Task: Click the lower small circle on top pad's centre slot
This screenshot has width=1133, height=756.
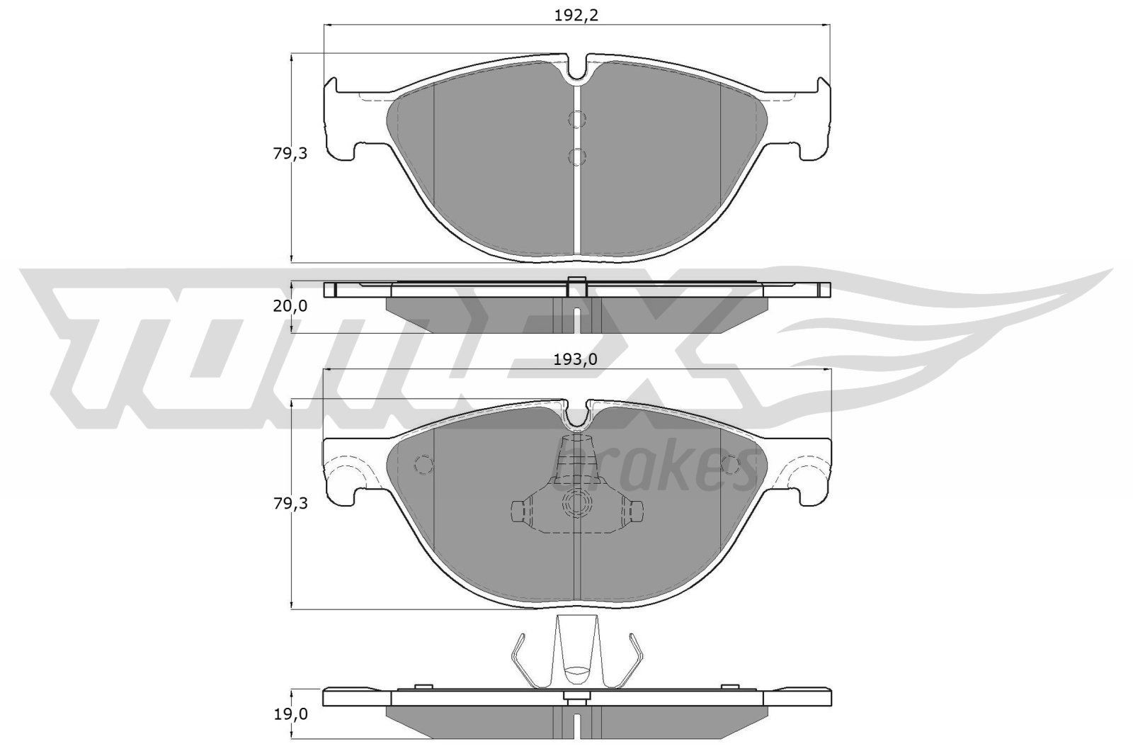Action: pyautogui.click(x=579, y=156)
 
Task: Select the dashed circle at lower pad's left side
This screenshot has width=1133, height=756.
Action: pyautogui.click(x=423, y=464)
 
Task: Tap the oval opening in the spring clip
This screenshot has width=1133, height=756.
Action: pyautogui.click(x=577, y=668)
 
